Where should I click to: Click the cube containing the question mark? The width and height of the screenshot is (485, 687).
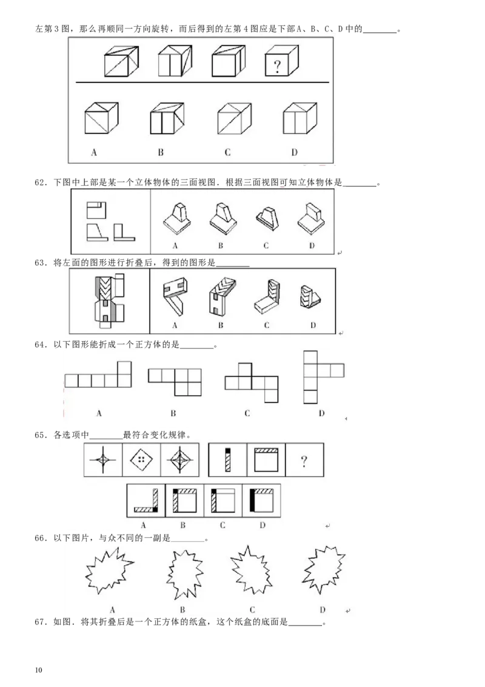pos(282,61)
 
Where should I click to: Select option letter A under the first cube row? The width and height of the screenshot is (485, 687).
pos(94,152)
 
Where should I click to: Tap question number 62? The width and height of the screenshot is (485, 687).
pos(41,182)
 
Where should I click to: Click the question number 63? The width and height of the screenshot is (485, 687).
pos(41,263)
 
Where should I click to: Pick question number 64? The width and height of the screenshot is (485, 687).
pos(41,345)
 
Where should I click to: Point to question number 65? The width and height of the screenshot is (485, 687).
pos(41,435)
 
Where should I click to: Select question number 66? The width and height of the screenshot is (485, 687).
pos(41,538)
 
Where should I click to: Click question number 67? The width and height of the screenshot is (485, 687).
pos(41,622)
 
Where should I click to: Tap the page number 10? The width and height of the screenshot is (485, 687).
pos(39,670)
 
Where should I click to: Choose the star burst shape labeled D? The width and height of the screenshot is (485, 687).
pos(324,569)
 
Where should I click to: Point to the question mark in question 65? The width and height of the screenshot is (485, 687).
pos(304,461)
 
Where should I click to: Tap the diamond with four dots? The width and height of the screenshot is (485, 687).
pos(141,459)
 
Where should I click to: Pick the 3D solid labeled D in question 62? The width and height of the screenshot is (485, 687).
pos(311,218)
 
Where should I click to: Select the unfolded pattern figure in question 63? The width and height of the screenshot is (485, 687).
pos(110,300)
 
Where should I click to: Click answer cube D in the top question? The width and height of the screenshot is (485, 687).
pos(299,118)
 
